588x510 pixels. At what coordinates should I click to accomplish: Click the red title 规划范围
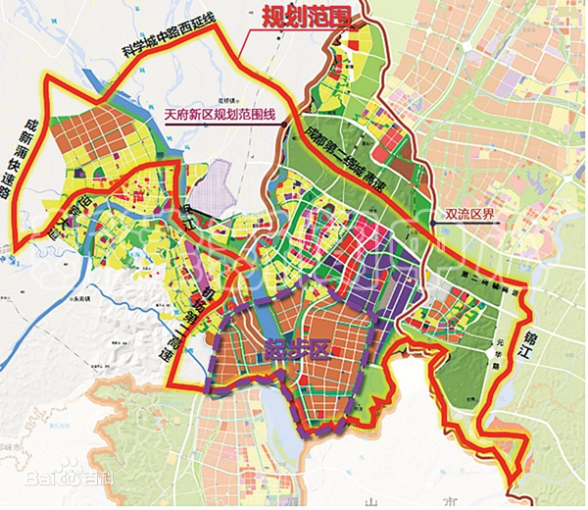tap(304, 18)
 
